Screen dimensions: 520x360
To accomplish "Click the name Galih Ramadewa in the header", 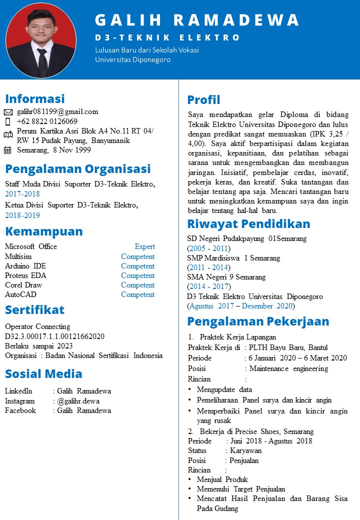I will [197, 20].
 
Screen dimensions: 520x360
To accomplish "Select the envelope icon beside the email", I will [8, 112].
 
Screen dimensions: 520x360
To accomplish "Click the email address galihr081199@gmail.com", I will [57, 111].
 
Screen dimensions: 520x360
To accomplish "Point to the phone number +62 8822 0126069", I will [47, 121].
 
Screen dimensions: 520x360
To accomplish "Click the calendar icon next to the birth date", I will [7, 150].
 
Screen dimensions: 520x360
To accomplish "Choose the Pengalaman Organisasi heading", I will [77, 168].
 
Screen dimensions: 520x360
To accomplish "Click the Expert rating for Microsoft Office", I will [144, 246].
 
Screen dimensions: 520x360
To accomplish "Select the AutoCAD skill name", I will [20, 294].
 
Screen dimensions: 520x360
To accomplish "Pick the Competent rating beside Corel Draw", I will [137, 285].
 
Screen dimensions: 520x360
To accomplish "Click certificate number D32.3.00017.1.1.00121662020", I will [54, 336].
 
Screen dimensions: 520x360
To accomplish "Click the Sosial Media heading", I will [43, 374].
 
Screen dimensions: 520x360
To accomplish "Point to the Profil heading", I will [203, 99].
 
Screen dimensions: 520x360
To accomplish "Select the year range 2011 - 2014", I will [208, 267].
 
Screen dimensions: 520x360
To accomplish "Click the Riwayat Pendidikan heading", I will [248, 223].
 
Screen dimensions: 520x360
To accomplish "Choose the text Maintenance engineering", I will [288, 368].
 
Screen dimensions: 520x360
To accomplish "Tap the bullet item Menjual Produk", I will [222, 479].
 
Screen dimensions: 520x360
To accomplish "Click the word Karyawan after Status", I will [245, 450].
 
